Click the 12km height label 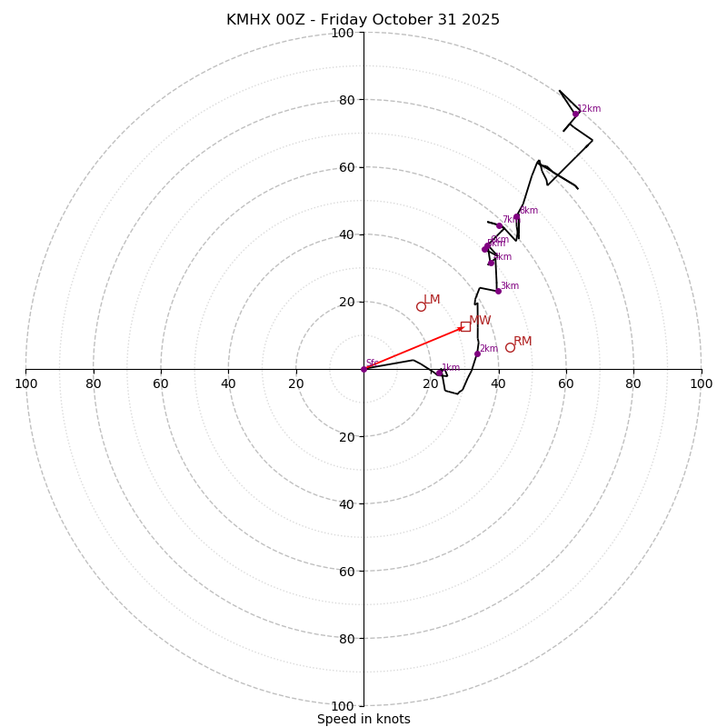(x=589, y=109)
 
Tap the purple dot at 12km (x=576, y=114)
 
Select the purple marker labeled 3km (x=498, y=291)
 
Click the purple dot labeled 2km (x=477, y=354)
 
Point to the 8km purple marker (x=517, y=216)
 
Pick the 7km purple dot (x=500, y=225)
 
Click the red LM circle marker (x=421, y=306)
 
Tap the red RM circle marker (x=510, y=347)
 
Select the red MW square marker (x=465, y=326)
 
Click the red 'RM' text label (x=523, y=342)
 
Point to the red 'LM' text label (x=432, y=300)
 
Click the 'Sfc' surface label (x=372, y=363)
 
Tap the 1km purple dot (x=439, y=373)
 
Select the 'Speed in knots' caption (x=363, y=719)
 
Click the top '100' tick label (x=343, y=33)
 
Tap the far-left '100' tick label (x=25, y=383)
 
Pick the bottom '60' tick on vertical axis (x=343, y=571)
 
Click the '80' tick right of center (x=633, y=383)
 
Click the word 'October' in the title (x=402, y=20)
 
